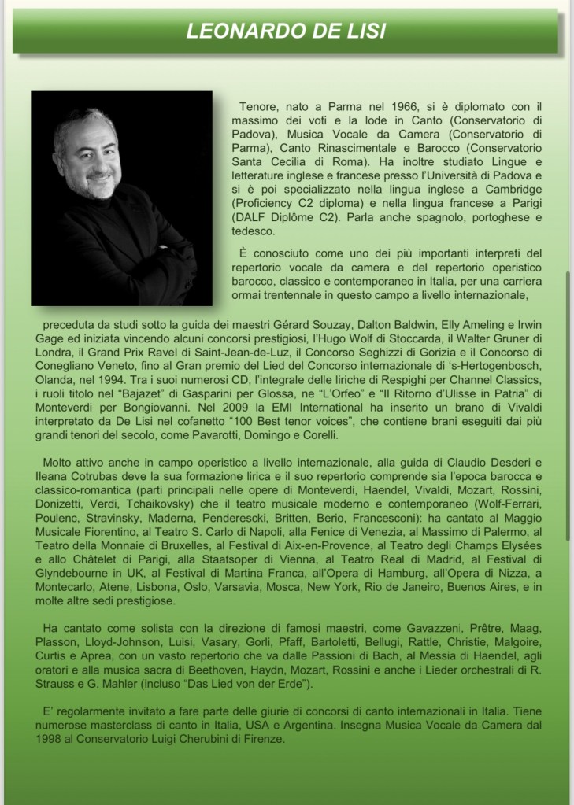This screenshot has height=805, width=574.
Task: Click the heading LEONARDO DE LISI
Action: [286, 31]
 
